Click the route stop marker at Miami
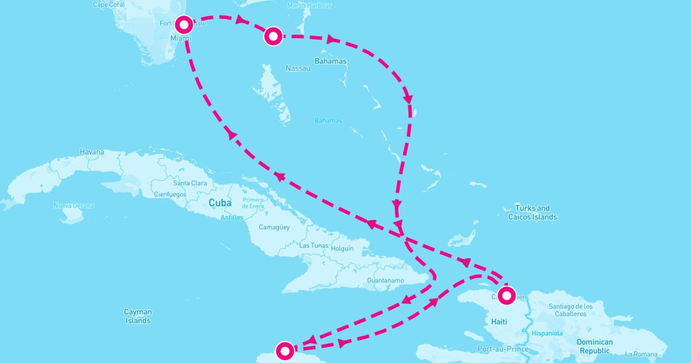click(184, 25)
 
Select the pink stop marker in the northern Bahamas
click(273, 36)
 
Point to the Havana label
click(92, 152)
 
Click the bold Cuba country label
click(220, 203)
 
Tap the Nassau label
click(298, 69)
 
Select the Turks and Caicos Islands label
click(533, 213)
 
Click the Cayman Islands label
click(138, 316)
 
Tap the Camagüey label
click(274, 228)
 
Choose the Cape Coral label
click(108, 5)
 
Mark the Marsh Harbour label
click(309, 5)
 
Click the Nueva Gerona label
click(74, 206)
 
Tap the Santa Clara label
click(190, 183)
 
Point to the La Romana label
click(641, 354)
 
